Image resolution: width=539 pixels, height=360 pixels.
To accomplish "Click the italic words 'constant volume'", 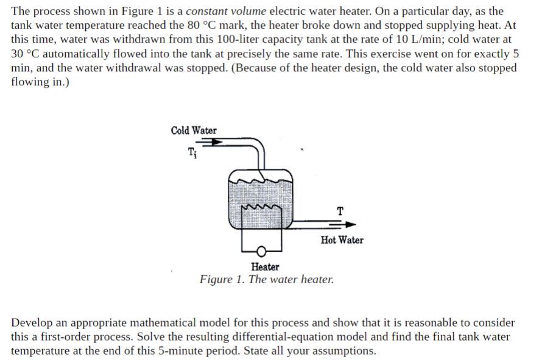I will point(226,11).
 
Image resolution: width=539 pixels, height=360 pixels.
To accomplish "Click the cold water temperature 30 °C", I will point(27,53).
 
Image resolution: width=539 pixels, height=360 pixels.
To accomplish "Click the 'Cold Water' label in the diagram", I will point(194,130).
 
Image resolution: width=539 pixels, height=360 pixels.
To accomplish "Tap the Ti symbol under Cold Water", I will point(192,152).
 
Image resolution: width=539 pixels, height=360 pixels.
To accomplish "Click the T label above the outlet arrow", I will point(339,211).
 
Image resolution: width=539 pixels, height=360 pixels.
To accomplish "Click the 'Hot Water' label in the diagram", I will point(342,240).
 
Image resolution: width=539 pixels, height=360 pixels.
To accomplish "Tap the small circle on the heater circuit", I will point(262,251).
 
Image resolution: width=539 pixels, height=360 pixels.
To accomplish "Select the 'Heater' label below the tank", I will point(265,267).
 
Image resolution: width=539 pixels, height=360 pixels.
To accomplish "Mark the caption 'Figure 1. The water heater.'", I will point(266,280).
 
